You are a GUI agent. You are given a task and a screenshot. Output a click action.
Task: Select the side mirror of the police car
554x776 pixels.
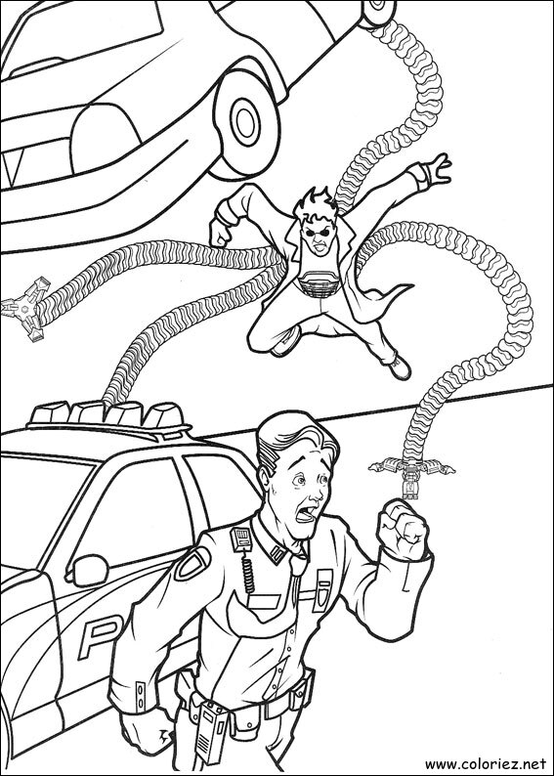(89, 569)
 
